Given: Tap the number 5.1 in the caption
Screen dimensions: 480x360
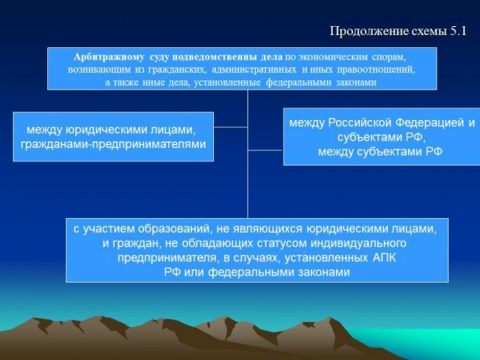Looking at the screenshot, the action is tap(458, 31).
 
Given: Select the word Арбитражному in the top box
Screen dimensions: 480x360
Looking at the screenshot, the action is tap(109, 58).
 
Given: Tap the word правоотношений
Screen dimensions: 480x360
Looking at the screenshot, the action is tap(376, 70).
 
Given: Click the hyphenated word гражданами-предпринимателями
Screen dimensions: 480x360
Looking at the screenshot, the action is tap(113, 145).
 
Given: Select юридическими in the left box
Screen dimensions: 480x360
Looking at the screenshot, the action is tap(107, 130).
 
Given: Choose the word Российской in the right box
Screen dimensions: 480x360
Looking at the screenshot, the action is tap(359, 123).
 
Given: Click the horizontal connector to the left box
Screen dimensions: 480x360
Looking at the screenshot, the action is tap(230, 127).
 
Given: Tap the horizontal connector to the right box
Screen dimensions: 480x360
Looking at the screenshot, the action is tap(265, 150).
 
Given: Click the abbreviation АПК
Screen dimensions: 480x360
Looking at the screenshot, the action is tap(384, 258).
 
